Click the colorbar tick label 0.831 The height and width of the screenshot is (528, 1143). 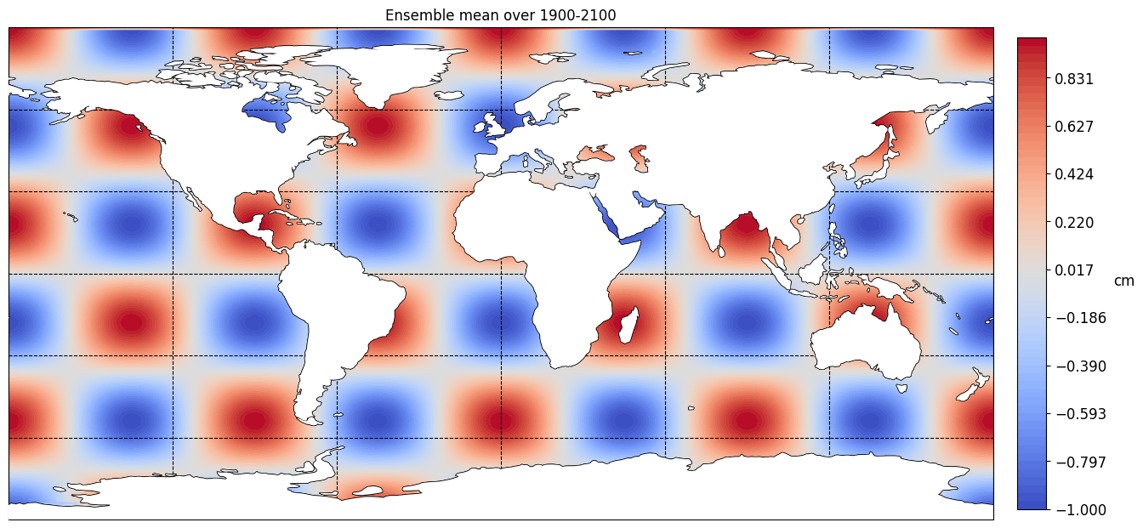tap(1074, 79)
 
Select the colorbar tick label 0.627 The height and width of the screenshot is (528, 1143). tap(1074, 127)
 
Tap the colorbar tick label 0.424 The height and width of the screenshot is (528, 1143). tap(1074, 174)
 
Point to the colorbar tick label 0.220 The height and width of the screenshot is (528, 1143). tap(1074, 223)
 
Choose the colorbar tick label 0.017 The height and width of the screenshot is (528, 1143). tap(1074, 270)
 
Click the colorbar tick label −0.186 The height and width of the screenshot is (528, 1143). tap(1080, 318)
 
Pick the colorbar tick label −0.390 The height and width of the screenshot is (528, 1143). tap(1080, 366)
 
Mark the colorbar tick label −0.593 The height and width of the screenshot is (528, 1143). tap(1080, 414)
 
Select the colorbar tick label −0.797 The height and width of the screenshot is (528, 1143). tap(1080, 463)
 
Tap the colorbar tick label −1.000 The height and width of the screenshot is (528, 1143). tap(1080, 509)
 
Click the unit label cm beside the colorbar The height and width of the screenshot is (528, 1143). tap(1123, 281)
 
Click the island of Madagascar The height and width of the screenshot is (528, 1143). tap(629, 326)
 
